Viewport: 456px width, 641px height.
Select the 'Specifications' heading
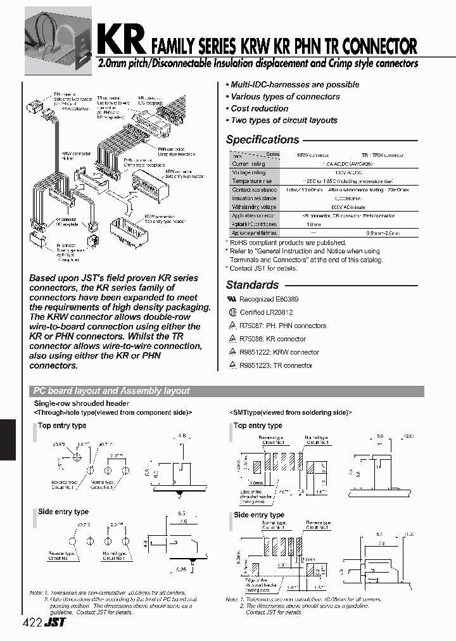(x=262, y=140)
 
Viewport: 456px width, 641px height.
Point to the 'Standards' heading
(x=252, y=285)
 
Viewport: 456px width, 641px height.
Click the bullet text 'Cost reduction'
(x=259, y=108)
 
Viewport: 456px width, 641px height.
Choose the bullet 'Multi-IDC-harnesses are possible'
(x=294, y=84)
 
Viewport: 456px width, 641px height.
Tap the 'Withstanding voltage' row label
(x=254, y=207)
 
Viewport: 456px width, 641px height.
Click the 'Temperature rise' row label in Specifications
(x=251, y=181)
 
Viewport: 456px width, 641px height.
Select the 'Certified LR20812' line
(x=265, y=312)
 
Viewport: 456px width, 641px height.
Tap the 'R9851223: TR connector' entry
(x=275, y=365)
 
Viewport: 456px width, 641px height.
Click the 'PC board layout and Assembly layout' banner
(x=111, y=391)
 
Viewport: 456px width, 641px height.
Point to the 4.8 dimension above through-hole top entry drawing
(x=182, y=436)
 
